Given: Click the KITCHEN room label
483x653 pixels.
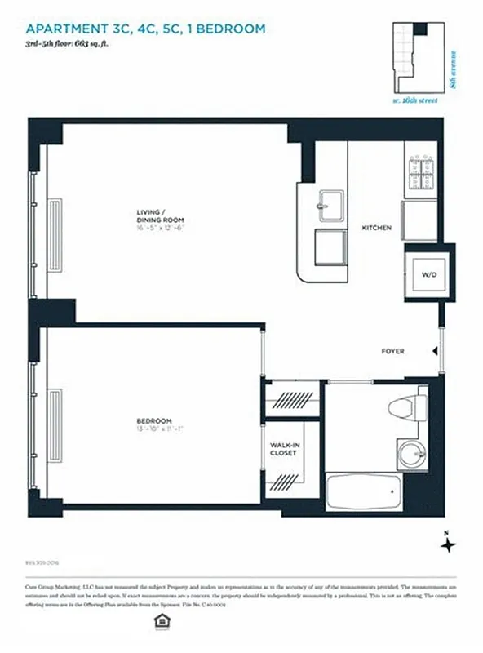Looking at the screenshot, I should click(376, 228).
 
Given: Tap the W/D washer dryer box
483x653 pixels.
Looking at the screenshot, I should click(428, 275).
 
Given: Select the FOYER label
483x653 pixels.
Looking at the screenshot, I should click(393, 352).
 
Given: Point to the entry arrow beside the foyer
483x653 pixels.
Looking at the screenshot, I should click(435, 352).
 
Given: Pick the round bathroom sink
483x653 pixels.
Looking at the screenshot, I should click(410, 451).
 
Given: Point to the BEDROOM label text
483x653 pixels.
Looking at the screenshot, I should click(153, 421).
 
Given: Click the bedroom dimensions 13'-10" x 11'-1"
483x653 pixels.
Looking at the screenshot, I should click(153, 429).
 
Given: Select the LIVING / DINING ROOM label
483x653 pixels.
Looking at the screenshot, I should click(160, 216).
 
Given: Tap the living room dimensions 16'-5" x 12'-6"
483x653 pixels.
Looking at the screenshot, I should click(160, 229).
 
